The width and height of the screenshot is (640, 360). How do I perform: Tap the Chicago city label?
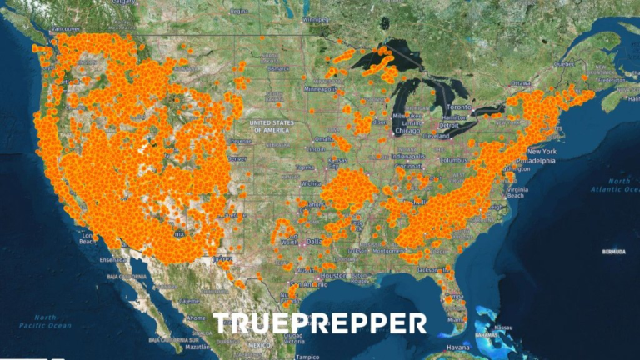[408, 130]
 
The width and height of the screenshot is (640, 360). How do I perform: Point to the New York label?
[542, 151]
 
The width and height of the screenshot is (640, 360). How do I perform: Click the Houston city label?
[332, 276]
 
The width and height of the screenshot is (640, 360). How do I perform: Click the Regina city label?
[238, 12]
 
